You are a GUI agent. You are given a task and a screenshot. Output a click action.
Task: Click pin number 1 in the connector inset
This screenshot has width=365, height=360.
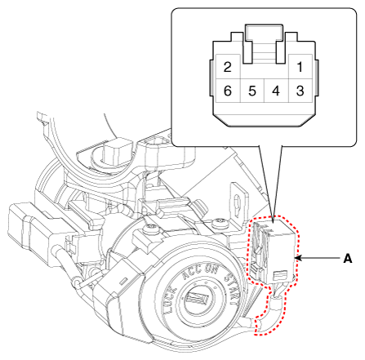pos(300,67)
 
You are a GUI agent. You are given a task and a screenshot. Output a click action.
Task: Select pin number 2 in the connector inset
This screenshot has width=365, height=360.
pos(227,67)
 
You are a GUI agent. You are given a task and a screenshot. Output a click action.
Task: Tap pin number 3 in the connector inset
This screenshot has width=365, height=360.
pos(300,91)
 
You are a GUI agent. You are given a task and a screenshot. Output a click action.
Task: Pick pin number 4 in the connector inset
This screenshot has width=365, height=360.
pos(276,91)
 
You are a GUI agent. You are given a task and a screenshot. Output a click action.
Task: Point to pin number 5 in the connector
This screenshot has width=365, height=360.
pos(252,91)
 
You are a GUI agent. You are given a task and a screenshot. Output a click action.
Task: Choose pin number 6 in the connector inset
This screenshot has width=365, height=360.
pos(228,91)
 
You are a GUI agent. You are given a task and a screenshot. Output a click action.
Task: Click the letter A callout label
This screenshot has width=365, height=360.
pos(348,258)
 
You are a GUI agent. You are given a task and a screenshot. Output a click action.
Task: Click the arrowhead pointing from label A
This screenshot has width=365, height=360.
pos(297,257)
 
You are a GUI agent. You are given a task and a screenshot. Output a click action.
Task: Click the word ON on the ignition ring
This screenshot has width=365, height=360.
pos(211,269)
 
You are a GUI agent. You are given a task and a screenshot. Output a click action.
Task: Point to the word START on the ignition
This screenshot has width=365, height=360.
pos(232,287)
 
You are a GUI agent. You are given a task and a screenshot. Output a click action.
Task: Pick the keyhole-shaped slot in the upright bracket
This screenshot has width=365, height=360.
pos(238,202)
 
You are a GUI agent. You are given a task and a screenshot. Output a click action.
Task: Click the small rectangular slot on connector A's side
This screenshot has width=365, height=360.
pos(280,275)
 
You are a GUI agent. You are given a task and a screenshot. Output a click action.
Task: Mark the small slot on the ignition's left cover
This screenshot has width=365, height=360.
pos(123,281)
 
